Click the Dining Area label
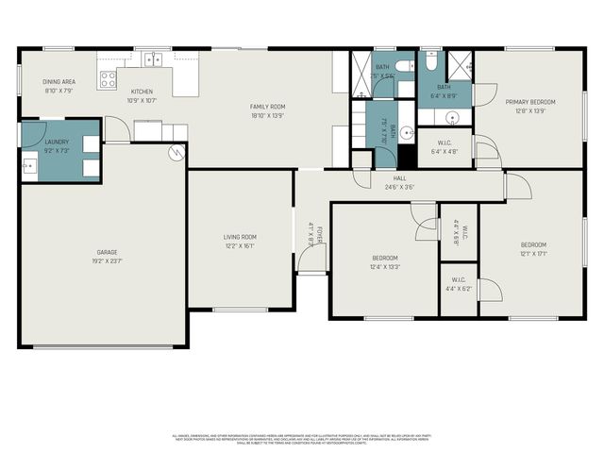[59, 82]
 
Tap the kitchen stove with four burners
[108, 79]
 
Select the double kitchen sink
[152, 59]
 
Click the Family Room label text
[267, 107]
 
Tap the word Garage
[107, 252]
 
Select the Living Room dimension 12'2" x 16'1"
[240, 245]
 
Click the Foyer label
[320, 235]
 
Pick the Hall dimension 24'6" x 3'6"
[400, 187]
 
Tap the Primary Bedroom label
[529, 102]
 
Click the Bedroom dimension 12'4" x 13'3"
[385, 266]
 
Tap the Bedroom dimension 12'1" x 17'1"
[533, 253]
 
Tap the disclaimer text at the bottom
[301, 439]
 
